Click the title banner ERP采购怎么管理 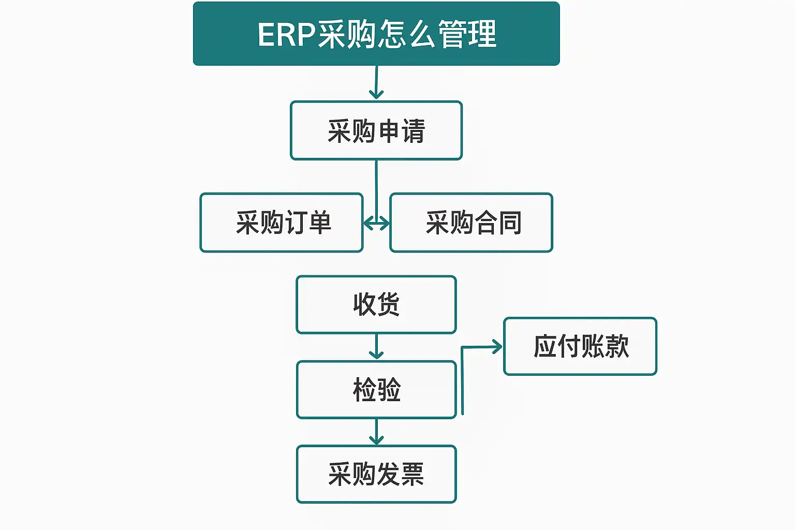click(x=376, y=34)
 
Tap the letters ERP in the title click(x=287, y=35)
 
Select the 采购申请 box click(x=376, y=130)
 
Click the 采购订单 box click(x=282, y=223)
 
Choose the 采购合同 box click(x=472, y=223)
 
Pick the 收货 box click(x=376, y=304)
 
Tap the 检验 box click(x=376, y=389)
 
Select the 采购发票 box click(x=376, y=474)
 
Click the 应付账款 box click(x=580, y=346)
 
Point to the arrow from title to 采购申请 click(x=376, y=82)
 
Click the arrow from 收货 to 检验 click(x=376, y=346)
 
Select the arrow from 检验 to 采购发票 click(x=376, y=432)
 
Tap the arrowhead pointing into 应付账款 click(x=497, y=346)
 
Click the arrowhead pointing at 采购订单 click(x=369, y=224)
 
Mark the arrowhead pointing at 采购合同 click(x=385, y=224)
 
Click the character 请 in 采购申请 click(x=414, y=131)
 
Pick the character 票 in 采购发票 click(x=413, y=474)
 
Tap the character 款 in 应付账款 click(x=617, y=346)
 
